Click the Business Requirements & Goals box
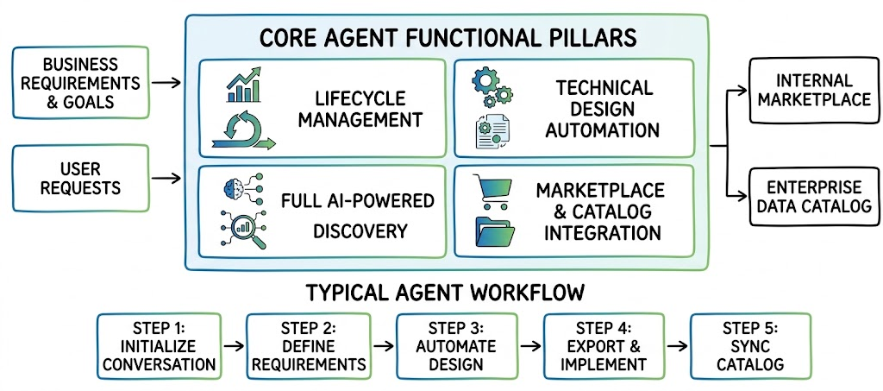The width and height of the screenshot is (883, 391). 80,83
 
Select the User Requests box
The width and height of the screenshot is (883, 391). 80,178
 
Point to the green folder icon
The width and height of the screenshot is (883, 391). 495,231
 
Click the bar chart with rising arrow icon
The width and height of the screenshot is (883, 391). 244,85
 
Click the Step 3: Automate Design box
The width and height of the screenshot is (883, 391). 456,345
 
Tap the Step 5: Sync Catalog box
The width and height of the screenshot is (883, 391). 750,345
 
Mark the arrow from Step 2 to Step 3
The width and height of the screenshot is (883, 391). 384,345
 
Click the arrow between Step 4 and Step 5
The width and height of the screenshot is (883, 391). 675,345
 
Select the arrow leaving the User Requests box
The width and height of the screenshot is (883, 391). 166,179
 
